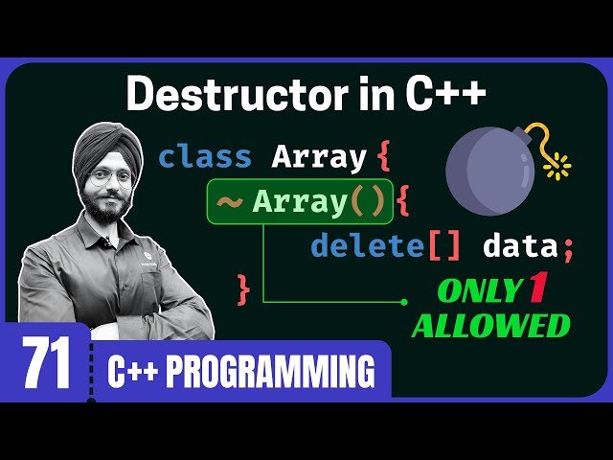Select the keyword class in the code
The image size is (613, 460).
pos(205,156)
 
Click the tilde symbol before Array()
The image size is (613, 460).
pos(230,202)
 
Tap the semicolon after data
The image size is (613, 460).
pos(568,248)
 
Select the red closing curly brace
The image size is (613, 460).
pos(243,286)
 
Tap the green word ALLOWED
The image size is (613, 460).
pos(490,326)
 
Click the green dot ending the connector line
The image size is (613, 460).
pos(404,302)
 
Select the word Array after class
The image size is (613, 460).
pos(319,156)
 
